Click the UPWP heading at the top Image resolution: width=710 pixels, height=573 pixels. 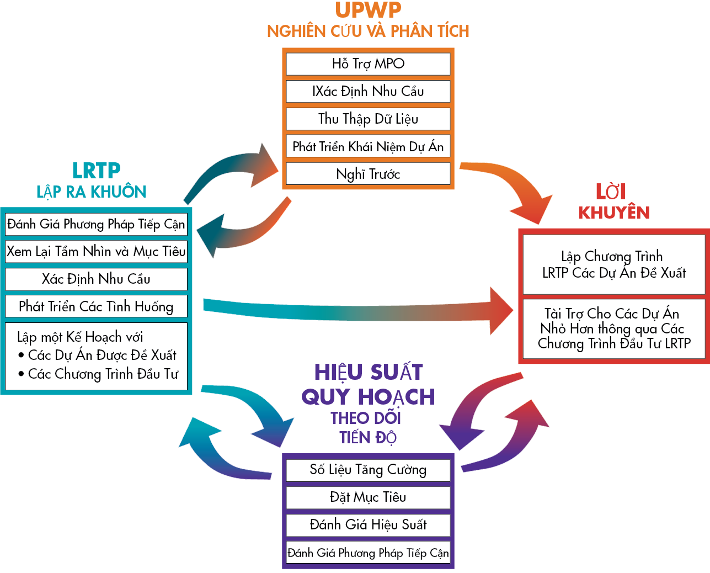pyautogui.click(x=368, y=10)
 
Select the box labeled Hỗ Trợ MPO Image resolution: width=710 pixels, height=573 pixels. pyautogui.click(x=368, y=63)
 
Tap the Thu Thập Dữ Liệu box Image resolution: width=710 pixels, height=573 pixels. pyautogui.click(x=368, y=119)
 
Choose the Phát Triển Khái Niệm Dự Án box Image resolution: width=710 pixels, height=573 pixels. pyautogui.click(x=368, y=146)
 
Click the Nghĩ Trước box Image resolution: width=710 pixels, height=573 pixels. pyautogui.click(x=368, y=174)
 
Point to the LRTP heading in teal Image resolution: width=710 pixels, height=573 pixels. pyautogui.click(x=96, y=171)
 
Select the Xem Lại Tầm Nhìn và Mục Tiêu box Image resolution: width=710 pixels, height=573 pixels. pyautogui.click(x=96, y=251)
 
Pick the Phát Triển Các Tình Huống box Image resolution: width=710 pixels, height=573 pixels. pyautogui.click(x=96, y=306)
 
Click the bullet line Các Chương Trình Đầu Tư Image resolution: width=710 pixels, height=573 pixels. pyautogui.click(x=103, y=374)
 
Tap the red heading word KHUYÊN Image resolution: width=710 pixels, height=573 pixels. pyautogui.click(x=614, y=213)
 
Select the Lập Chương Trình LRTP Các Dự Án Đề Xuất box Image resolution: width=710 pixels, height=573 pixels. pyautogui.click(x=614, y=264)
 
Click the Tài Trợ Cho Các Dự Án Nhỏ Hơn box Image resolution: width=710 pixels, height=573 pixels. pyautogui.click(x=614, y=328)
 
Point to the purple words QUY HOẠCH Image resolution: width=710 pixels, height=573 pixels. pyautogui.click(x=368, y=396)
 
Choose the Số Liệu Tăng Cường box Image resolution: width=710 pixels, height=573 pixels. pyautogui.click(x=368, y=470)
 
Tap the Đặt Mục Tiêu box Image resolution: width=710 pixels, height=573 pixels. pyautogui.click(x=368, y=497)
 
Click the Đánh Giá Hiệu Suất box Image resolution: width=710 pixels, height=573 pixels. pyautogui.click(x=368, y=525)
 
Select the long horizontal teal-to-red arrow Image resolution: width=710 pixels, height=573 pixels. pyautogui.click(x=353, y=311)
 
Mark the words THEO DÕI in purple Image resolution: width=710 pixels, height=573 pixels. pyautogui.click(x=366, y=418)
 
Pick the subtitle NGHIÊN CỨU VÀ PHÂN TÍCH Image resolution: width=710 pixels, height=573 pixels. pyautogui.click(x=368, y=31)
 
